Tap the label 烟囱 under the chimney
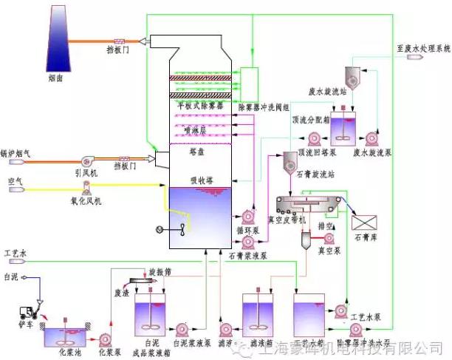[x=64, y=78]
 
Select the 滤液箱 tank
[x=260, y=318]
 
